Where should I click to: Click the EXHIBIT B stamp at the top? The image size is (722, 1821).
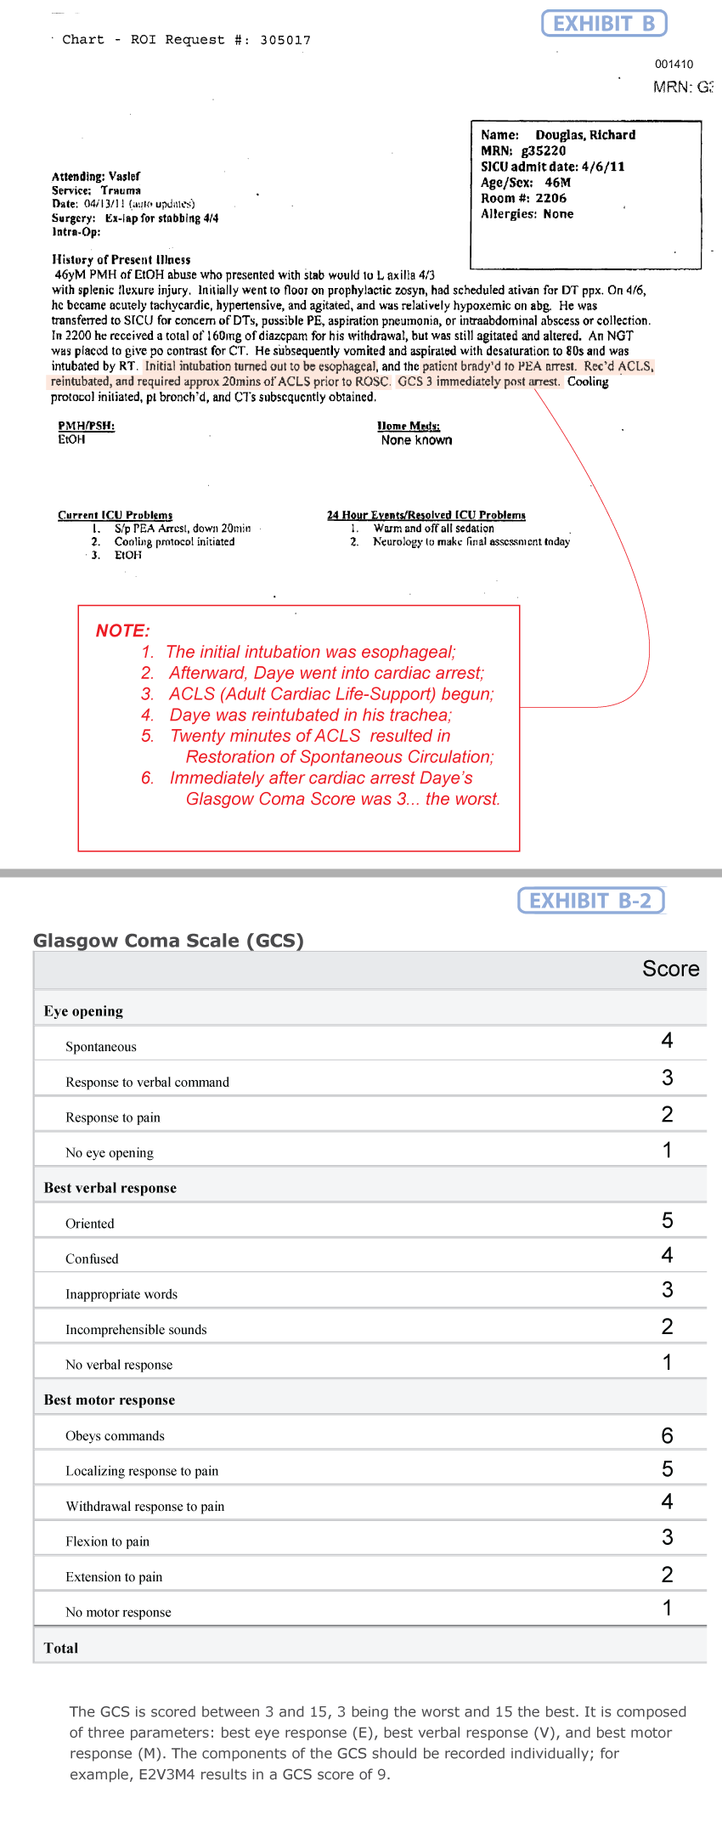[604, 24]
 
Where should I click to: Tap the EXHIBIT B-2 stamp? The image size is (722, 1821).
[590, 901]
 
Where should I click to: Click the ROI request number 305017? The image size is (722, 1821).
[285, 40]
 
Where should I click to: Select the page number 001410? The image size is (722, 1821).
[674, 64]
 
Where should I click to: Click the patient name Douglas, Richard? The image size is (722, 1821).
[585, 135]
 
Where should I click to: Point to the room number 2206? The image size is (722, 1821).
[550, 198]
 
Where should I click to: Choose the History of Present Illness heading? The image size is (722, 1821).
[121, 260]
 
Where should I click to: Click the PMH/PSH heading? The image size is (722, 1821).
[86, 426]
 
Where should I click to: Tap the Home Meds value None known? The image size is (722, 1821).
[416, 440]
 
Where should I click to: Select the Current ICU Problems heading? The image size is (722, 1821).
[115, 515]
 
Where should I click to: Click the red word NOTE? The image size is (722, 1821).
[122, 631]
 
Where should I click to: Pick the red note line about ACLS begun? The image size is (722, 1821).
[330, 694]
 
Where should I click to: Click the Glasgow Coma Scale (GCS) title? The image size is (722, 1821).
[168, 941]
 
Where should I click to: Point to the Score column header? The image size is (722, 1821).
[670, 969]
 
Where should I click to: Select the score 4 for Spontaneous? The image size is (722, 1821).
[667, 1041]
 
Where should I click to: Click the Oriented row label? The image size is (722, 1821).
[89, 1224]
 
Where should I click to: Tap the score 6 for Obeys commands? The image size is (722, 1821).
[667, 1435]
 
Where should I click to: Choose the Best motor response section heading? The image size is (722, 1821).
[109, 1400]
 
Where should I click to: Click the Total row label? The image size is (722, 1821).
[60, 1648]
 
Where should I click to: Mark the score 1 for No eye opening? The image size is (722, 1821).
[667, 1151]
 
